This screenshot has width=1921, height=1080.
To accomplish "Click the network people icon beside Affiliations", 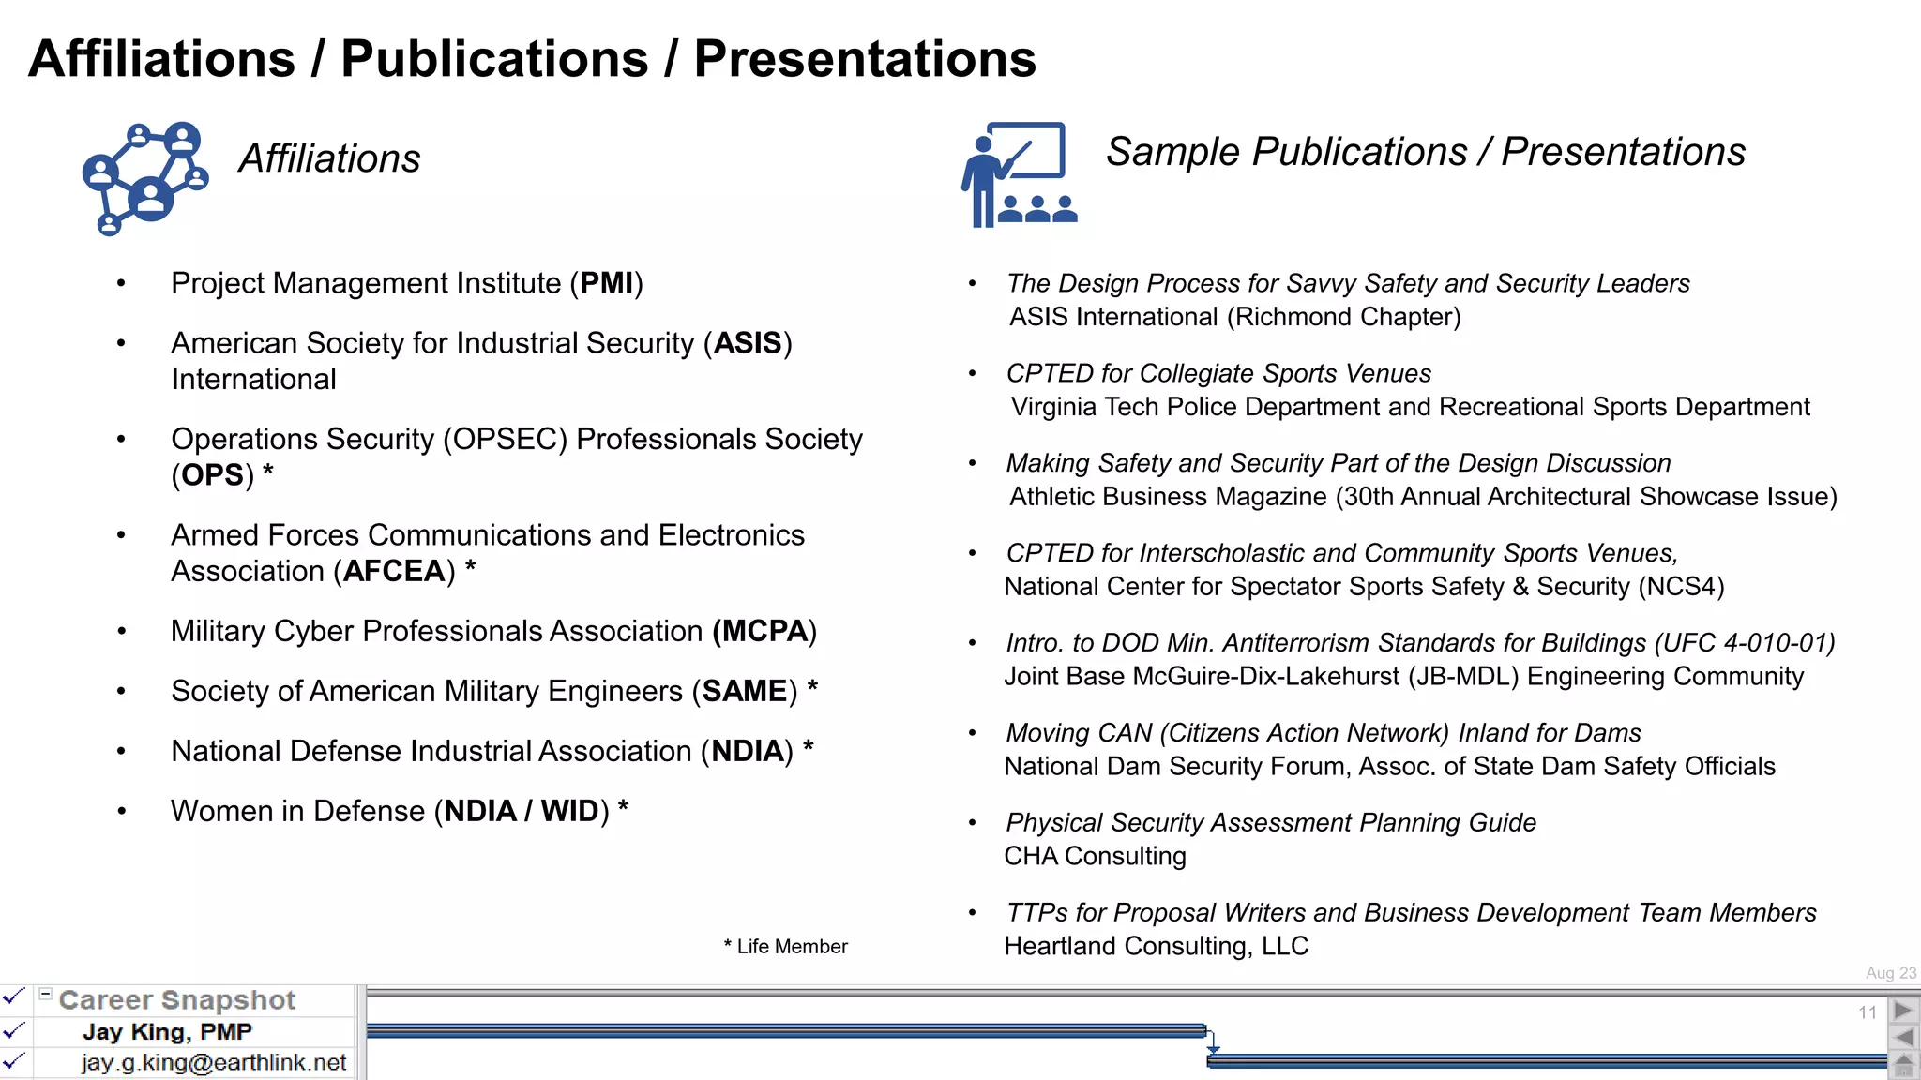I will pyautogui.click(x=145, y=178).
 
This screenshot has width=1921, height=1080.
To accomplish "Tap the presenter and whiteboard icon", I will pyautogui.click(x=1020, y=174).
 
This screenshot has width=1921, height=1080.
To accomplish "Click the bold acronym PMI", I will pyautogui.click(x=607, y=283).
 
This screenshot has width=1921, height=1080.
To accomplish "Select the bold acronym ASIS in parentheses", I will pyautogui.click(x=748, y=343).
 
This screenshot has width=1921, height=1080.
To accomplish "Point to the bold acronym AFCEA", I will pyautogui.click(x=394, y=571).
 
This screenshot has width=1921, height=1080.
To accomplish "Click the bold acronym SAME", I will pyautogui.click(x=745, y=691).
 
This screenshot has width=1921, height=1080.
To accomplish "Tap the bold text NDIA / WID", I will pyautogui.click(x=522, y=811).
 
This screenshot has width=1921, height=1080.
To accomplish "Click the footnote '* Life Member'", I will pyautogui.click(x=786, y=947).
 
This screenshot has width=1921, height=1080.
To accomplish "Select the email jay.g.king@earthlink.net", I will pyautogui.click(x=214, y=1063).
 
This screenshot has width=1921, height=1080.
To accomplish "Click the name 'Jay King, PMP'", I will pyautogui.click(x=167, y=1032).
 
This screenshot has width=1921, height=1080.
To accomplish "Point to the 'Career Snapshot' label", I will pyautogui.click(x=177, y=1000).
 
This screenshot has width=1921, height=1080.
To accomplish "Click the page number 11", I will pyautogui.click(x=1868, y=1012).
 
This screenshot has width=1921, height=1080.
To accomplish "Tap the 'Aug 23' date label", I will pyautogui.click(x=1891, y=973).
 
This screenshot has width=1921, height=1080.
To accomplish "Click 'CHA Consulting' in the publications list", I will pyautogui.click(x=1095, y=856).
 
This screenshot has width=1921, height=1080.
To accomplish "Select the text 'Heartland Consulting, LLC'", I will pyautogui.click(x=1156, y=946).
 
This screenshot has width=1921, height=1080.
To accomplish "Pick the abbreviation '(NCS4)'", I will pyautogui.click(x=1682, y=587).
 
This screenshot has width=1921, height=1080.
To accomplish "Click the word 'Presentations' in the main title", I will pyautogui.click(x=865, y=59).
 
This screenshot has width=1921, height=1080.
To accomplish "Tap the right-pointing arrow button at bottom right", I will pyautogui.click(x=1903, y=1011).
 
